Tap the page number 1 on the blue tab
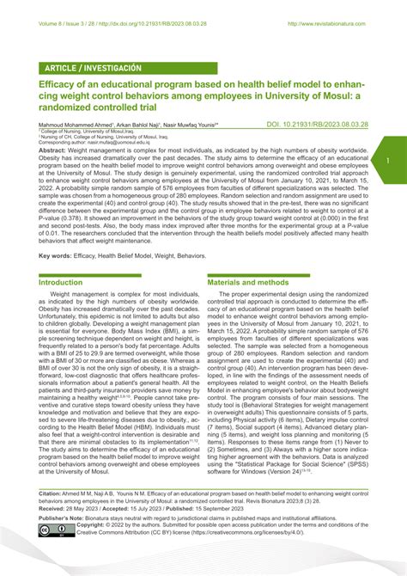click(x=388, y=160)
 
